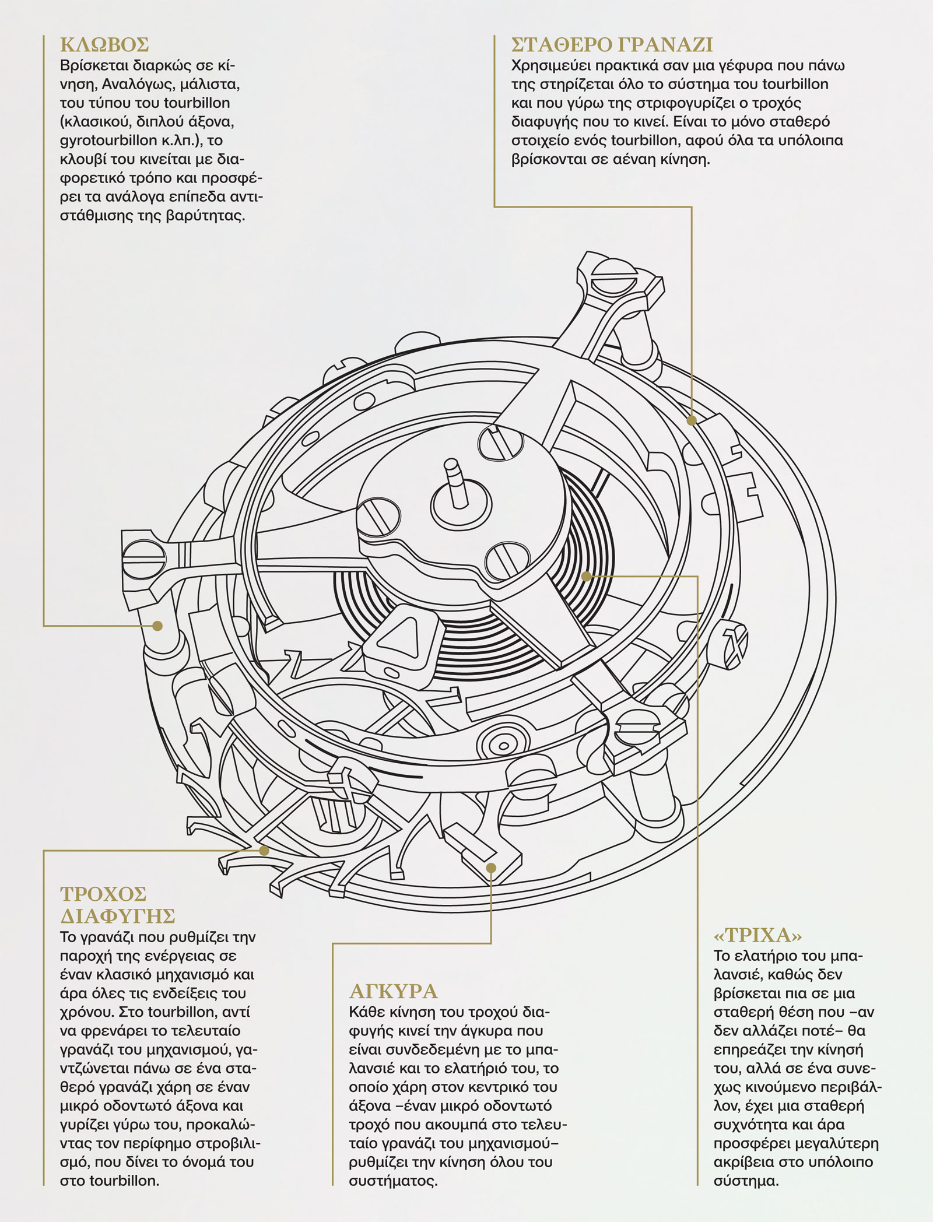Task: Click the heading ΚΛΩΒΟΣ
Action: [x=104, y=45]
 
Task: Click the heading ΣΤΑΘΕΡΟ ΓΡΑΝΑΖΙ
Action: [x=612, y=45]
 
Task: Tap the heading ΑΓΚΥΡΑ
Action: [x=394, y=991]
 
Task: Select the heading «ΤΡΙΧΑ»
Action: [x=758, y=936]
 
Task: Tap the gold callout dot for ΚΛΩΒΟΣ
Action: [x=157, y=626]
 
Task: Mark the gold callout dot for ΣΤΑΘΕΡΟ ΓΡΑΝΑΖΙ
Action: [x=692, y=420]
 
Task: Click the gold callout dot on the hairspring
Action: [x=587, y=576]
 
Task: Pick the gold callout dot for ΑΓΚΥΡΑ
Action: [x=491, y=868]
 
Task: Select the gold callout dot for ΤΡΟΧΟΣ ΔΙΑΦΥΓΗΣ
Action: [x=264, y=850]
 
